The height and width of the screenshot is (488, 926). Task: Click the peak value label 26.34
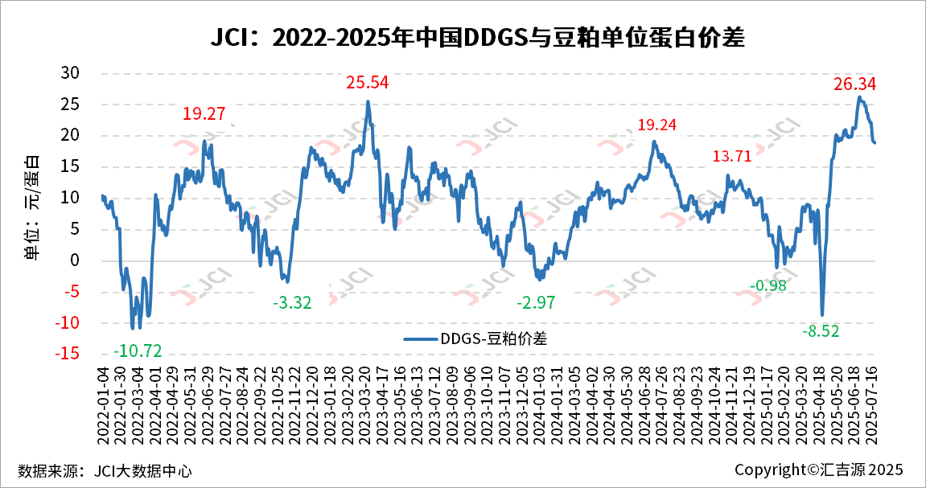[854, 84]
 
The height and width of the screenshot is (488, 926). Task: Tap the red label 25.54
[368, 82]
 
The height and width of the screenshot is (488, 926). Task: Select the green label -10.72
[138, 351]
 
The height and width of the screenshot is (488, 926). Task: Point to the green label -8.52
[821, 330]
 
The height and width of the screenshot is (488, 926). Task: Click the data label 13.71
[731, 156]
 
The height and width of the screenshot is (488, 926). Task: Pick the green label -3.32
[292, 303]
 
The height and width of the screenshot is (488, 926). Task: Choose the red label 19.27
[204, 114]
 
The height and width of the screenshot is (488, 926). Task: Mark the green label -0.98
[768, 285]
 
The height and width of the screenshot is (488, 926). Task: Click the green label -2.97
[536, 303]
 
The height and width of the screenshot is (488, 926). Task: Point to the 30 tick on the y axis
[71, 73]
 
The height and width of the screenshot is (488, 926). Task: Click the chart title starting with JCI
[463, 38]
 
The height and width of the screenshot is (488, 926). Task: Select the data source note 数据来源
[105, 470]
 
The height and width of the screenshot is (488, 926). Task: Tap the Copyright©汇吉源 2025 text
[819, 470]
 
